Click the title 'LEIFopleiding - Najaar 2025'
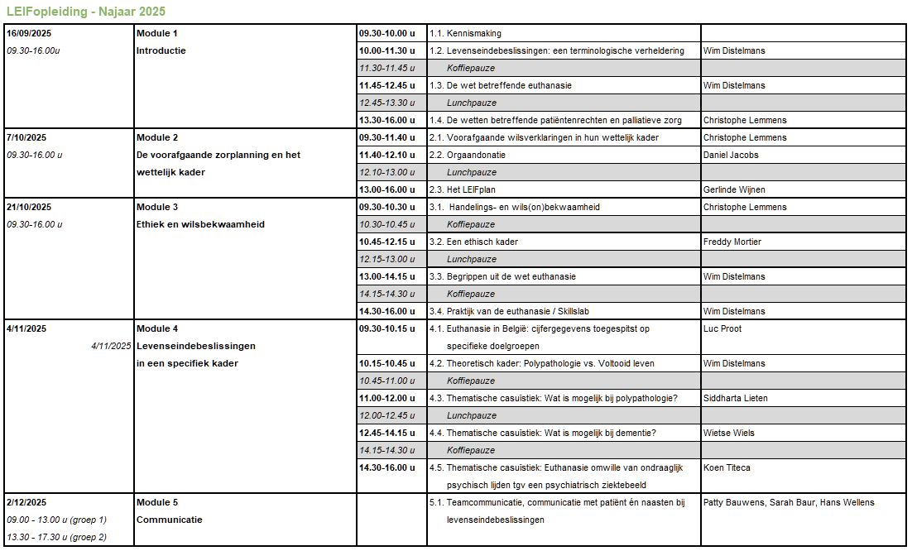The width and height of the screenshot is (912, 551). tap(85, 12)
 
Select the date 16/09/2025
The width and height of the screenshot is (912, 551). tap(29, 33)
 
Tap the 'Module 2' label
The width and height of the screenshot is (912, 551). tap(157, 137)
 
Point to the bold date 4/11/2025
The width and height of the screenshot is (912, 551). tap(26, 328)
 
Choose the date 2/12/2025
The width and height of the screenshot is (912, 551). tap(26, 502)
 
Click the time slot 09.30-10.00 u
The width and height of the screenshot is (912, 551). tap(386, 33)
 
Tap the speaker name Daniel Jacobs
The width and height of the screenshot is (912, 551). tap(731, 155)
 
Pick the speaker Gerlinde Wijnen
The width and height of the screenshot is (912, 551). tap(733, 189)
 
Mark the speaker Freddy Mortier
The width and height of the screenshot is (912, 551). tap(732, 242)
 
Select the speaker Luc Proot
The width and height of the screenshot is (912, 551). tap(722, 328)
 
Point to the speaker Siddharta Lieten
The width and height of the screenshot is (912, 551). tap(736, 398)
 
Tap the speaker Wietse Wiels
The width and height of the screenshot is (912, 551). tap(728, 433)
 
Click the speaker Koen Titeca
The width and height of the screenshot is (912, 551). tap(726, 467)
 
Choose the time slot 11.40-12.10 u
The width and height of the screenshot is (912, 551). tap(386, 155)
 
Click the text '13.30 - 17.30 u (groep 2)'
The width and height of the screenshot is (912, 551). tap(57, 537)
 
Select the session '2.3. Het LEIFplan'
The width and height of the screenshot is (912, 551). tap(468, 189)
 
